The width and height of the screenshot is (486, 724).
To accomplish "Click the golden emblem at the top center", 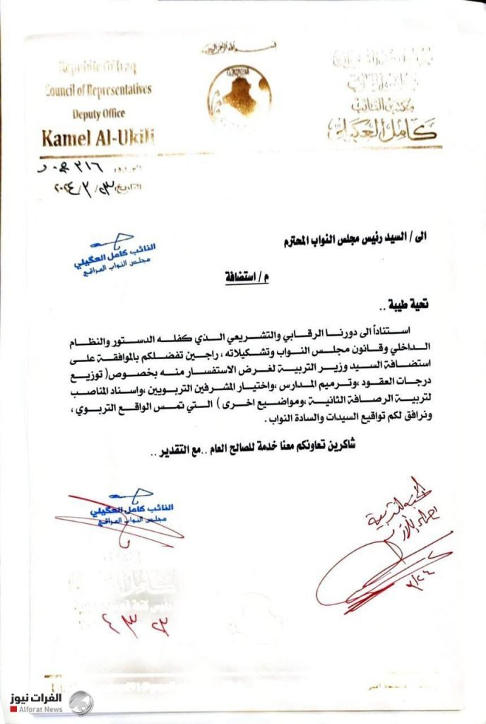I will point(239,93).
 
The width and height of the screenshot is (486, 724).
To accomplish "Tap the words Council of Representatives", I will point(98,90).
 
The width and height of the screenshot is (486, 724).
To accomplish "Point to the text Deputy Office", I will point(98,112).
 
